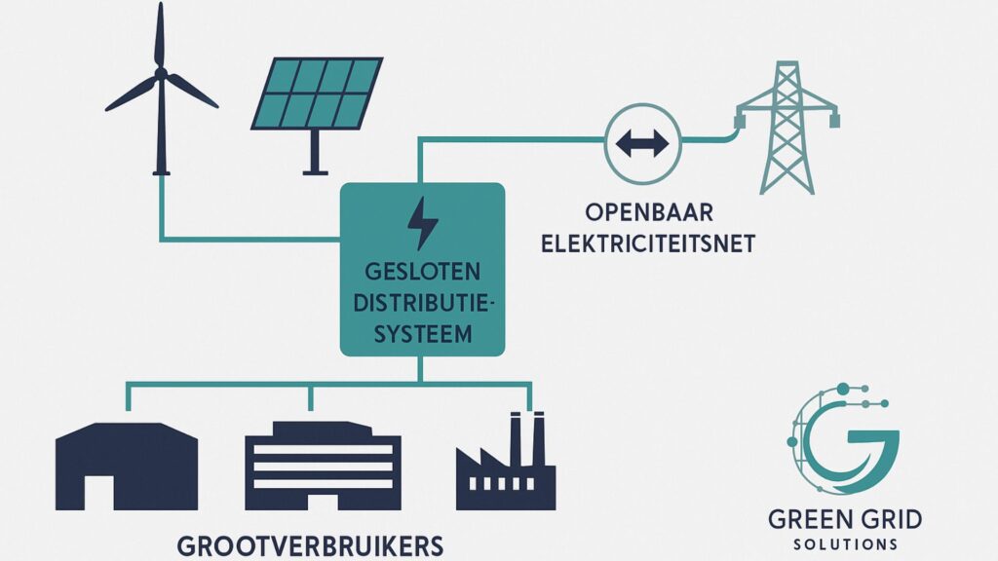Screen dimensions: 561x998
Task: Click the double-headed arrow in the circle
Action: coord(642,144)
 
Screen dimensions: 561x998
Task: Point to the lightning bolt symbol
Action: coord(422,224)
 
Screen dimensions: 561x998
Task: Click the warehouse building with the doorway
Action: coord(127,466)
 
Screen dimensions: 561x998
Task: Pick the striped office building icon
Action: coord(322,466)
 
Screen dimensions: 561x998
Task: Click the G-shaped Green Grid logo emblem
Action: coord(840,438)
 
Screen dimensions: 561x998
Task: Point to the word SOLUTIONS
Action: coord(844,542)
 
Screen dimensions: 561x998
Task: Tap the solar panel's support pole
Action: coord(315,151)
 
